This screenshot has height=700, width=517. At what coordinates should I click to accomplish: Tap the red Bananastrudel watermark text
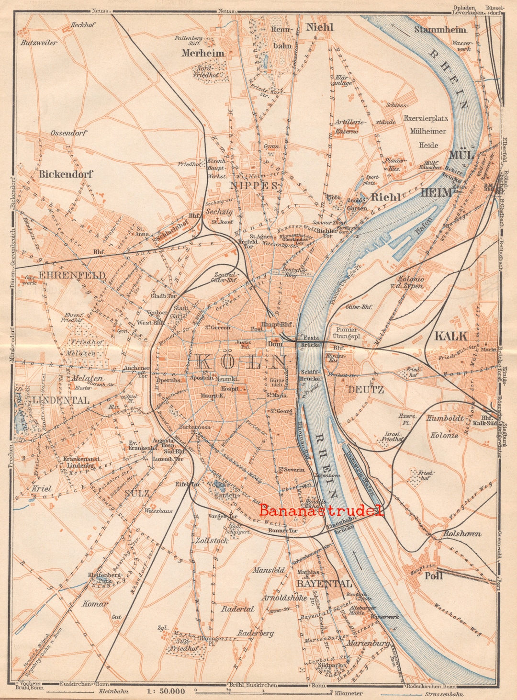(x=321, y=510)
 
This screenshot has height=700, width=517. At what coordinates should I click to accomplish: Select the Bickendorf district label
(x=66, y=174)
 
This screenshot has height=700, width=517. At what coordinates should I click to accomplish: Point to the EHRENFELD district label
(x=65, y=275)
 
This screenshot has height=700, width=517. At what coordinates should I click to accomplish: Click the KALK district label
(x=450, y=336)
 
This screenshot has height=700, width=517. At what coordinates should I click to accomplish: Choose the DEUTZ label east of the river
(x=366, y=389)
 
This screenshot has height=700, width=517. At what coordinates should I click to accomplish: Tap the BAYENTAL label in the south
(x=324, y=584)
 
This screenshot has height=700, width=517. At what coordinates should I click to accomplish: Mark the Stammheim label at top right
(x=440, y=30)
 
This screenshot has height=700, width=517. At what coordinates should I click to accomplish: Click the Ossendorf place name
(x=68, y=133)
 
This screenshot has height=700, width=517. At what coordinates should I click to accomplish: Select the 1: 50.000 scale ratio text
(x=166, y=691)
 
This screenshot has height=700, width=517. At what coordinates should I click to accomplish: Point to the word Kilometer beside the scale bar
(x=348, y=693)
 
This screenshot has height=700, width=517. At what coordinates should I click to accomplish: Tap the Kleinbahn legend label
(x=112, y=692)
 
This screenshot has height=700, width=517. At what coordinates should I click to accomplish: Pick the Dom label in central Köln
(x=275, y=344)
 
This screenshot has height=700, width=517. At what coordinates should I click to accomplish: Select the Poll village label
(x=433, y=576)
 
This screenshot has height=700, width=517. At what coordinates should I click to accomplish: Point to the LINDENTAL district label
(x=61, y=400)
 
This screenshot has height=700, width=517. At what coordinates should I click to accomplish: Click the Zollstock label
(x=212, y=540)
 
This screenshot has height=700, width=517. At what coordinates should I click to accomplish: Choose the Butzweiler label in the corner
(x=38, y=43)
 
